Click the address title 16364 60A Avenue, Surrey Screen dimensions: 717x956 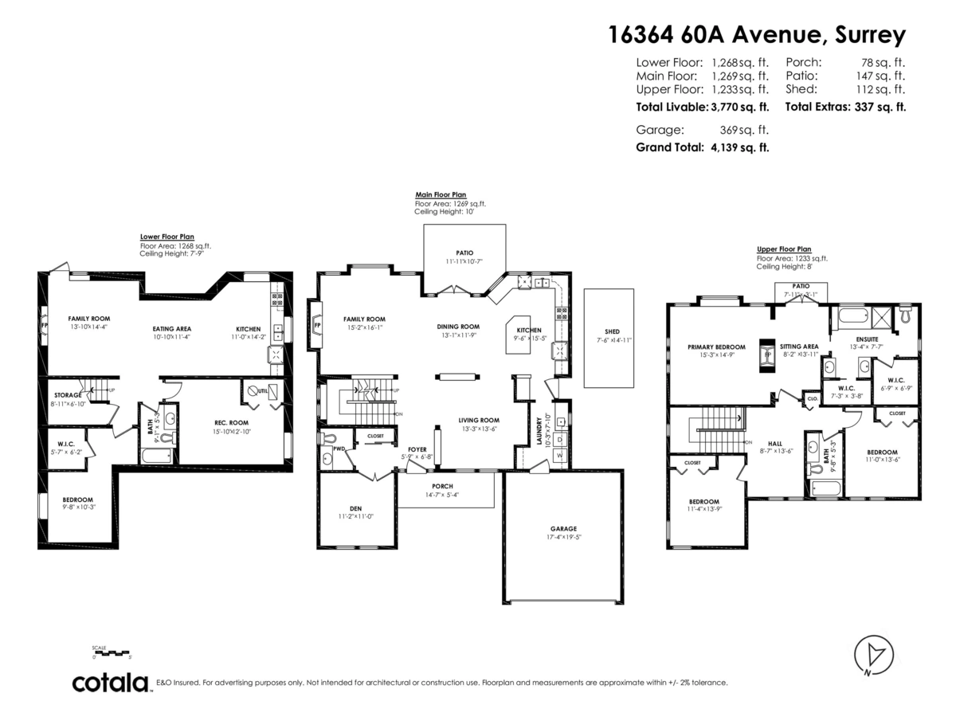[x=756, y=35]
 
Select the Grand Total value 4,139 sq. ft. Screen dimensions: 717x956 [x=739, y=147]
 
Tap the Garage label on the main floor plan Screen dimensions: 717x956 [x=562, y=528]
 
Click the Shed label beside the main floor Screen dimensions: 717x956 [x=612, y=331]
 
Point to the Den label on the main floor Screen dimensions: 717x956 [x=355, y=509]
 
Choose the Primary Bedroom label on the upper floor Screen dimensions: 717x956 [x=716, y=347]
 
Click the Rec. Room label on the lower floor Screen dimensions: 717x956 [x=232, y=422]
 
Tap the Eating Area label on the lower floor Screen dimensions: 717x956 [x=172, y=328]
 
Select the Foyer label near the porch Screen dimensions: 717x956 [x=418, y=449]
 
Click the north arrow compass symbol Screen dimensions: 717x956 [x=872, y=655]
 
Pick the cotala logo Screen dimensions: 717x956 [x=111, y=683]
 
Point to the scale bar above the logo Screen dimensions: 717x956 [x=112, y=653]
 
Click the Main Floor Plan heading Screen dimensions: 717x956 [x=441, y=194]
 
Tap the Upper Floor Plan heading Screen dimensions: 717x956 [x=784, y=249]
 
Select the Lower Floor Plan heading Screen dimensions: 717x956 [x=167, y=237]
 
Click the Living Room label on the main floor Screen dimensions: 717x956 [x=479, y=420]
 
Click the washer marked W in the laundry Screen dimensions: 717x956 [x=559, y=454]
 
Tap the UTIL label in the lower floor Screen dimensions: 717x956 [x=262, y=391]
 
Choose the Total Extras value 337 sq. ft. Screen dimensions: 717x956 [x=878, y=107]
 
